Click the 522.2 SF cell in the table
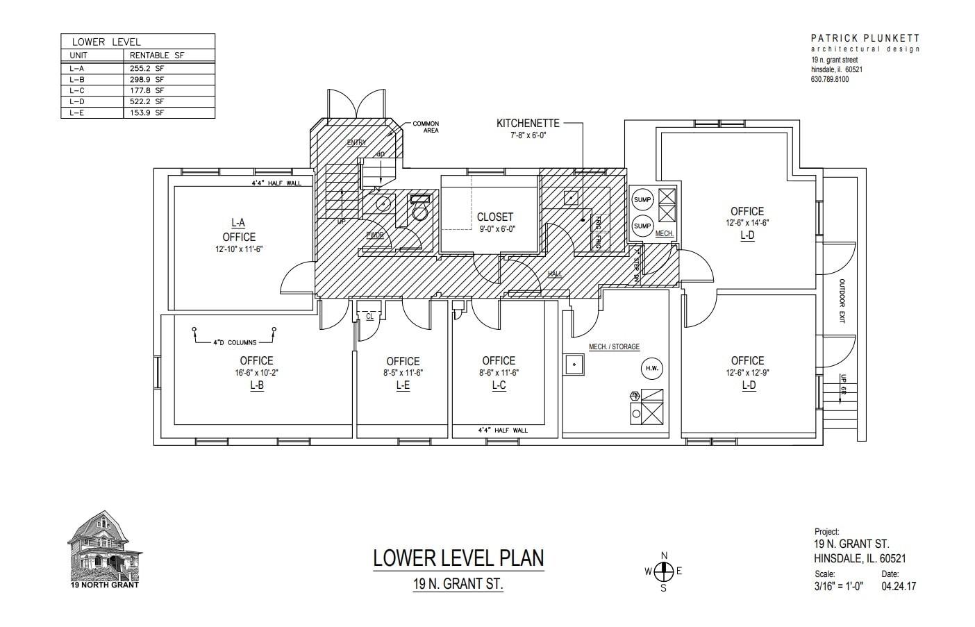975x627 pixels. point(147,101)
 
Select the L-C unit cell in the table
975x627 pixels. point(77,90)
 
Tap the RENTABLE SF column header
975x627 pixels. point(158,55)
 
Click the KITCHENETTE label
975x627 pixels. point(527,124)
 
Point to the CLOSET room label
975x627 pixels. point(495,217)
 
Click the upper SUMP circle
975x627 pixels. point(642,200)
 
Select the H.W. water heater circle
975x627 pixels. point(652,368)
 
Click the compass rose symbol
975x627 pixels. point(664,571)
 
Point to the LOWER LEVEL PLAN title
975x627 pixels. point(458,558)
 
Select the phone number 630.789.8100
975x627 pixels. point(829,79)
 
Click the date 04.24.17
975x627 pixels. point(899,586)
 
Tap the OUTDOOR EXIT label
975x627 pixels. point(842,302)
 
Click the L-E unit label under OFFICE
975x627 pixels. point(403,385)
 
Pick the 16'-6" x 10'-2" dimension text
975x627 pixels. point(256,373)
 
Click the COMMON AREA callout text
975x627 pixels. point(426,127)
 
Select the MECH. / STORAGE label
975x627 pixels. point(614,346)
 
